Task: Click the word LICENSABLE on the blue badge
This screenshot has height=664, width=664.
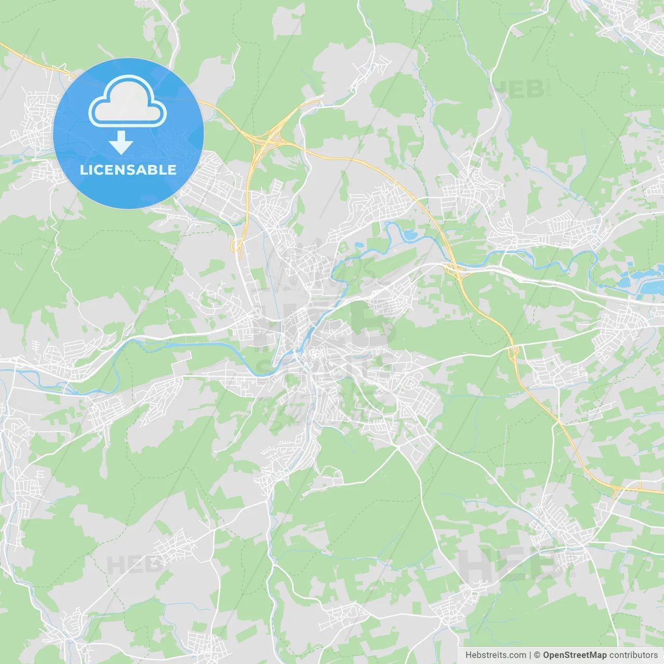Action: [128, 170]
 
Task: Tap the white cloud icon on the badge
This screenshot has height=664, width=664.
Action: [128, 102]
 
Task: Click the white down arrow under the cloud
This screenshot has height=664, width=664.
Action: [121, 143]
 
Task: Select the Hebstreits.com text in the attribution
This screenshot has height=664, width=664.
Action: [495, 655]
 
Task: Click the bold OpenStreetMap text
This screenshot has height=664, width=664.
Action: [574, 655]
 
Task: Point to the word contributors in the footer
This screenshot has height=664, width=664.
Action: [633, 655]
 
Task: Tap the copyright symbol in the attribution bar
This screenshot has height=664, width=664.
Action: [537, 655]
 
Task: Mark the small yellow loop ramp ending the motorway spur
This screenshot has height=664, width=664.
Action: [237, 246]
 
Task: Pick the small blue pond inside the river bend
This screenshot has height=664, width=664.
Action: [410, 235]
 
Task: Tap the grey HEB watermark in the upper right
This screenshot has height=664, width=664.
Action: [517, 90]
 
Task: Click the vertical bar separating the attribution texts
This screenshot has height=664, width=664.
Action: [530, 655]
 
